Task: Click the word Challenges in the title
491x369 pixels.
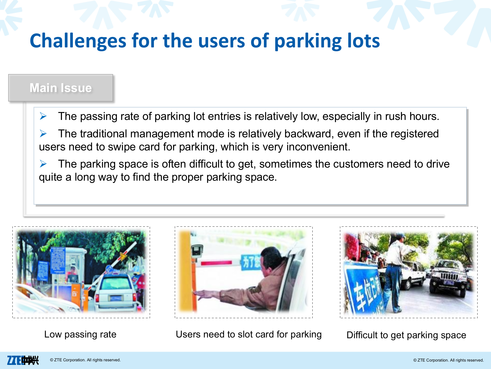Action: (x=78, y=41)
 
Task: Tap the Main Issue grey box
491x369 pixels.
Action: (x=61, y=88)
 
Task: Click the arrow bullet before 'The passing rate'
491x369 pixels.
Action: (x=43, y=116)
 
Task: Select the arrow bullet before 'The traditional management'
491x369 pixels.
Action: (x=43, y=134)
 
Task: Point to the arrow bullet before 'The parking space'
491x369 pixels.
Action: (x=43, y=164)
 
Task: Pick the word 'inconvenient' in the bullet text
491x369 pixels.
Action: (x=318, y=147)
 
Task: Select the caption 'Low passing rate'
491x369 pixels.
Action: (x=80, y=334)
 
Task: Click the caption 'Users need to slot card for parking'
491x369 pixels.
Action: (x=249, y=334)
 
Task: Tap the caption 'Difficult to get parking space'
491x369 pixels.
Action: (x=406, y=335)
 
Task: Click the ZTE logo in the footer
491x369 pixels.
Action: (x=23, y=360)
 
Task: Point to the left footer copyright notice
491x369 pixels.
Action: (x=85, y=360)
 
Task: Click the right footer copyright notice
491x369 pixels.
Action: (x=449, y=360)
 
